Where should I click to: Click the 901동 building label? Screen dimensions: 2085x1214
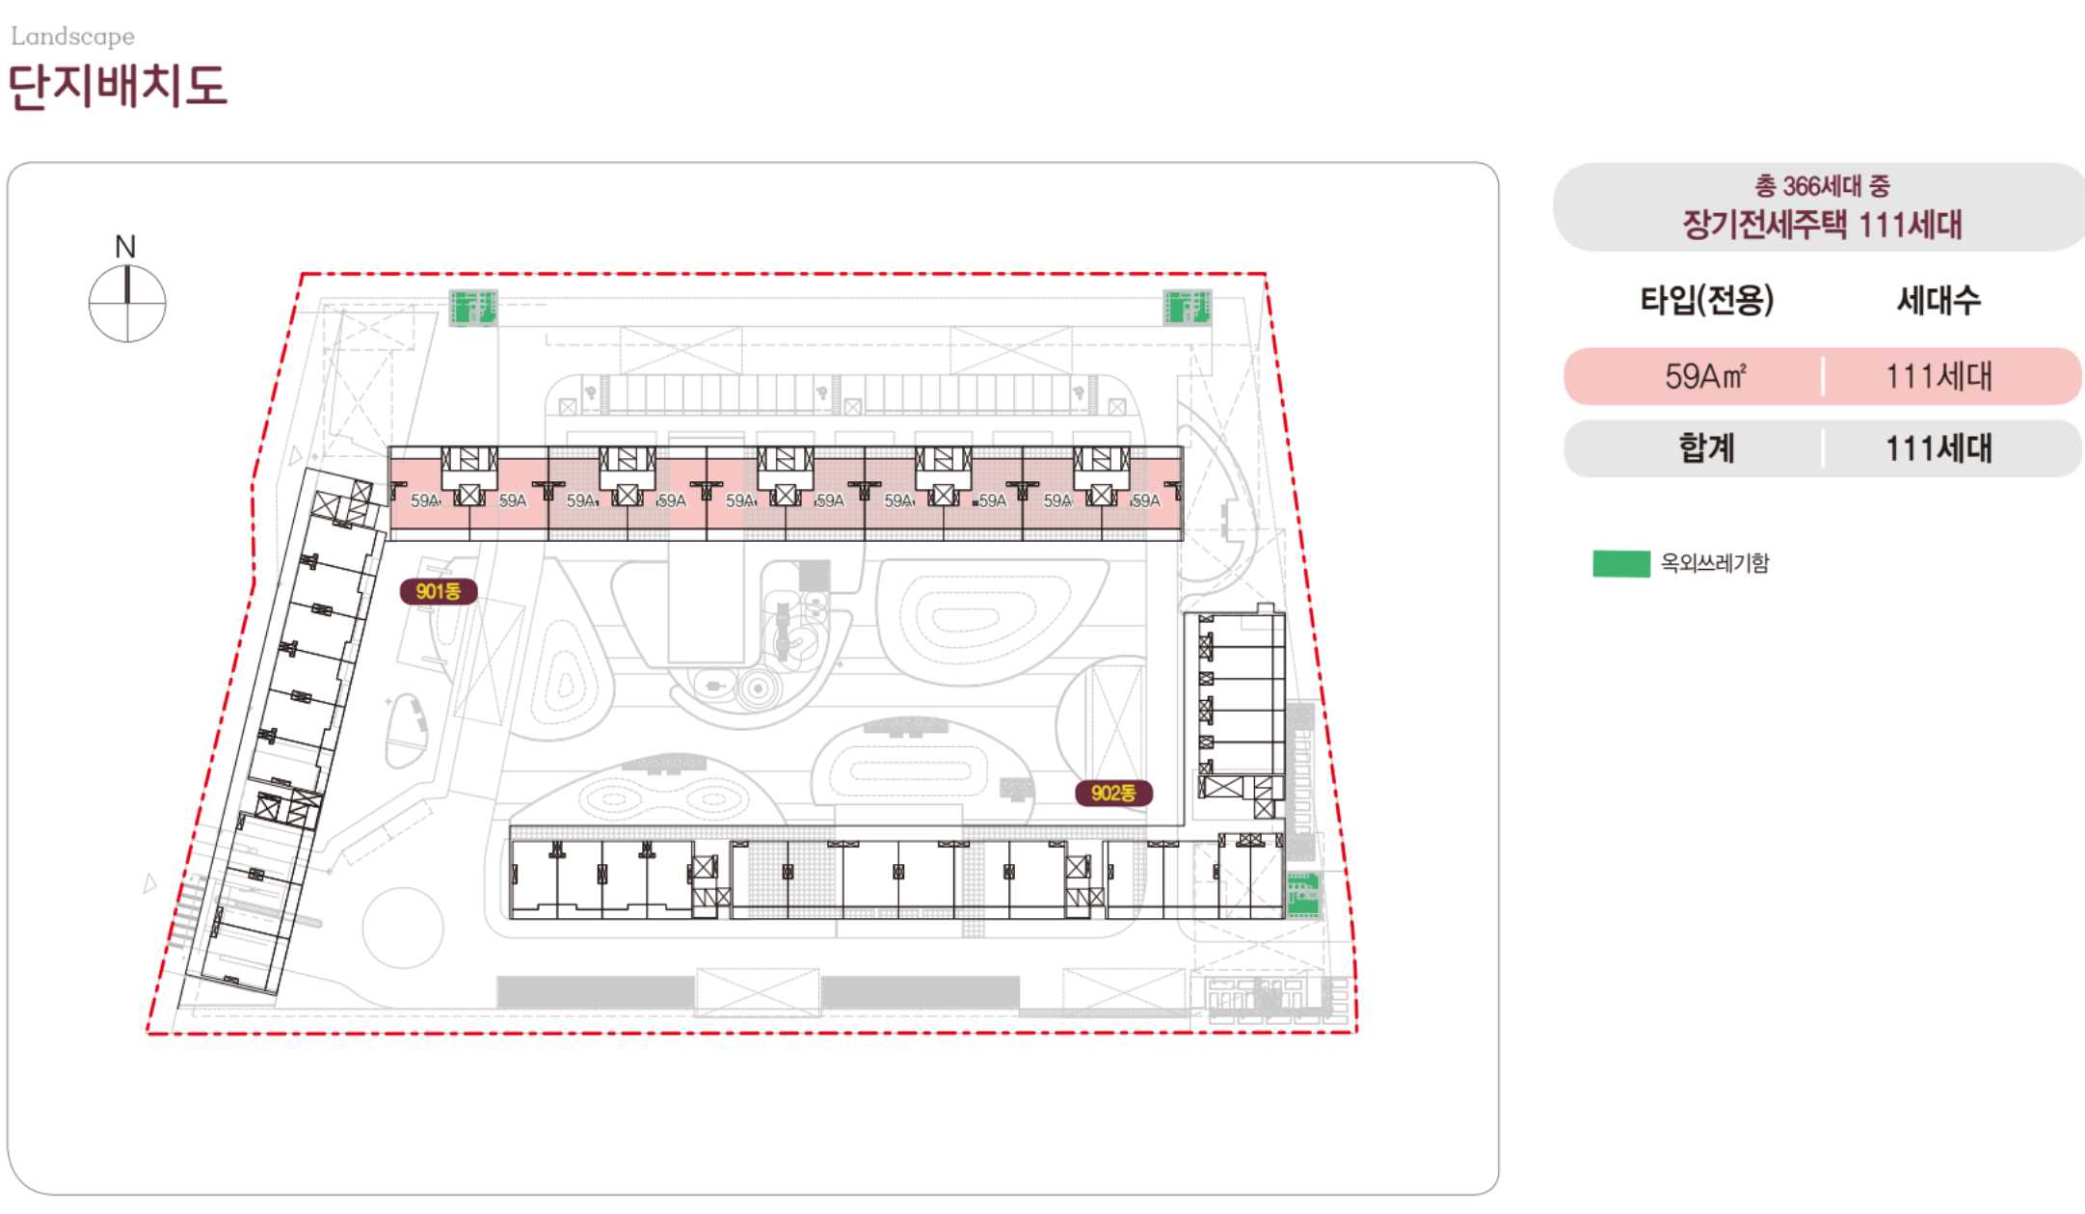(439, 591)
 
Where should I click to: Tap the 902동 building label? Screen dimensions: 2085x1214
(1114, 793)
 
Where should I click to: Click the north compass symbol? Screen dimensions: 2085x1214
(127, 303)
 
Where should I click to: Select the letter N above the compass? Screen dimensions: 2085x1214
(125, 247)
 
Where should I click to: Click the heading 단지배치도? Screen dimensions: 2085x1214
(117, 86)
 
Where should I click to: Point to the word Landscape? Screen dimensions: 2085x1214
(72, 37)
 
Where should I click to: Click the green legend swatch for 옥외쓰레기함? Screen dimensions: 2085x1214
(1620, 564)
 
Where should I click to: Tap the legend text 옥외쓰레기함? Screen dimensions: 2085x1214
(1715, 563)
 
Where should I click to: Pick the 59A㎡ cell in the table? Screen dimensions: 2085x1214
(1705, 376)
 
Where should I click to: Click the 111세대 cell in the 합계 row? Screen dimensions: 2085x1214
(1938, 448)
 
